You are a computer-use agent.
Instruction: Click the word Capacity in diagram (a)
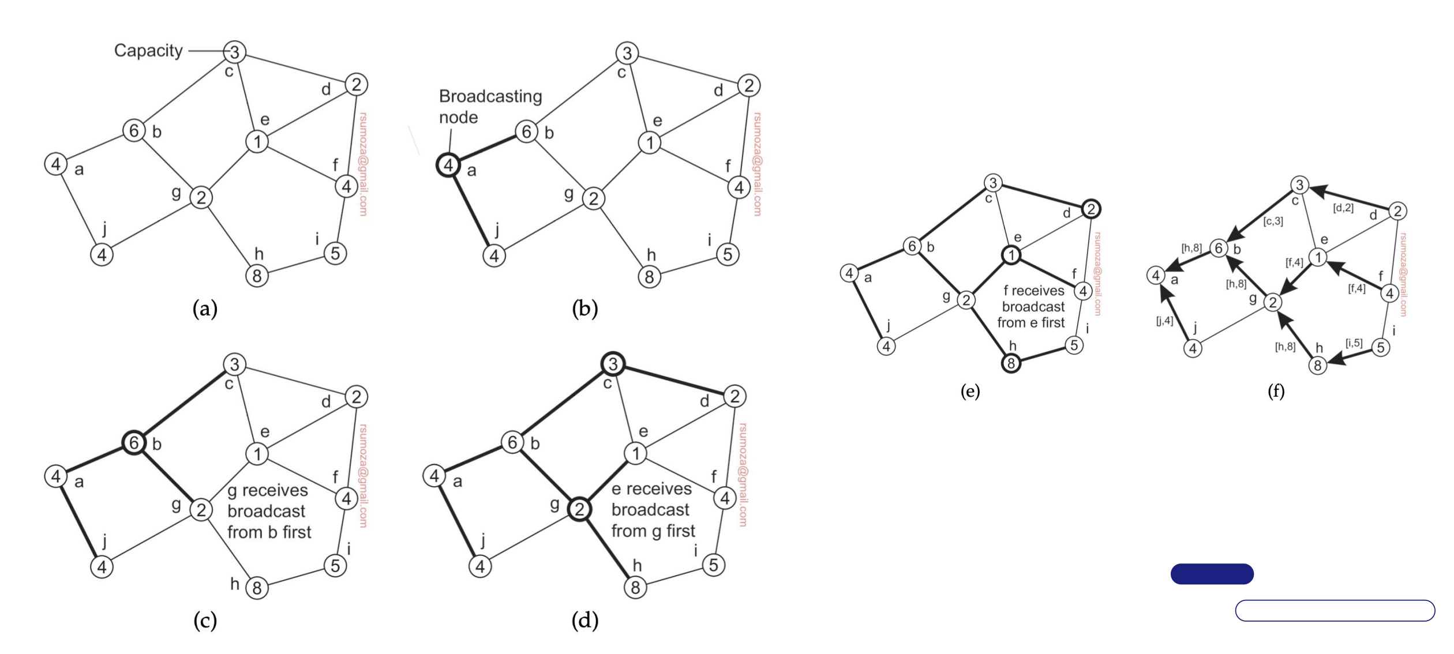coord(148,51)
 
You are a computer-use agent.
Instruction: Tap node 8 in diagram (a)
coord(257,276)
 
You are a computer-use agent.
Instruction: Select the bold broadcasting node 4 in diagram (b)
coord(448,166)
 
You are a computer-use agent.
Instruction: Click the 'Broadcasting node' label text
coord(490,107)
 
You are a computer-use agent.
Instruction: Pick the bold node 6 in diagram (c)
coord(134,443)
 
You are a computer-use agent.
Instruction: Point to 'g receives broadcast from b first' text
coord(269,511)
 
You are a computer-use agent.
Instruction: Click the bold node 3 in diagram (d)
coord(613,364)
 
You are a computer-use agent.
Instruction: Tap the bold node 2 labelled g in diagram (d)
coord(579,509)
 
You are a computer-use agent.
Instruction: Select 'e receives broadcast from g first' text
coord(653,510)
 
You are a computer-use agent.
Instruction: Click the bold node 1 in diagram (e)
coord(1011,255)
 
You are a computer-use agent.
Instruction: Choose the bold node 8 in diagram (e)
coord(1011,363)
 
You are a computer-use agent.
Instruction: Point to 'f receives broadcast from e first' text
coord(1033,307)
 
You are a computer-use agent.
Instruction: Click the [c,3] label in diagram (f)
coord(1272,221)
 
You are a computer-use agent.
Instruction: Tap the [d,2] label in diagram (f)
coord(1343,208)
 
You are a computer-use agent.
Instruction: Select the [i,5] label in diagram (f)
coord(1354,343)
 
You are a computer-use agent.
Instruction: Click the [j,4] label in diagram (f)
coord(1164,321)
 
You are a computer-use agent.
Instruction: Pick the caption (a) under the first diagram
coord(205,309)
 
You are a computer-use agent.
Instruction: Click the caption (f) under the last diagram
coord(1276,392)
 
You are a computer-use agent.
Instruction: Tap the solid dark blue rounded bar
coord(1212,574)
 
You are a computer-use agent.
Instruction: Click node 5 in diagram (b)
coord(728,254)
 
